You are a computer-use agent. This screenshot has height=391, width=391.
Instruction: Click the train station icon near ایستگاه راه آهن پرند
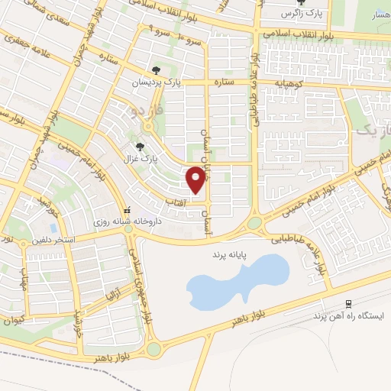349,302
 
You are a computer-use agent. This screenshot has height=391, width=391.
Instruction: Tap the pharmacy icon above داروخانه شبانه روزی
128,209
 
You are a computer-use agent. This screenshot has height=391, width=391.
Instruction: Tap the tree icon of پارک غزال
139,145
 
